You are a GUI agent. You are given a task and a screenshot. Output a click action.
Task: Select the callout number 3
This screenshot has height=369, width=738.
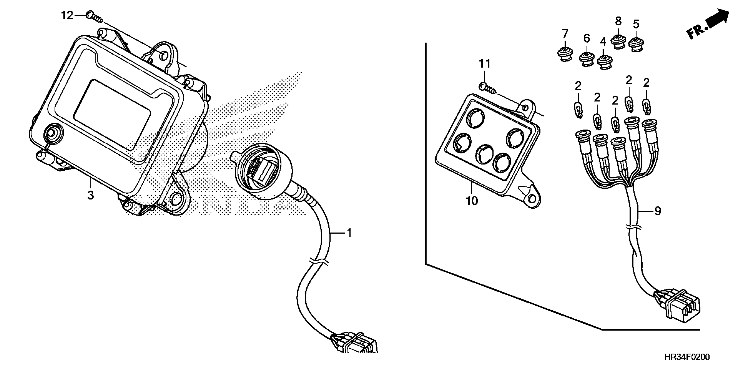pyautogui.click(x=91, y=195)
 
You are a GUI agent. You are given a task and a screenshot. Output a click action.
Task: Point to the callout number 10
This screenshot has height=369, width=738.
pyautogui.click(x=472, y=201)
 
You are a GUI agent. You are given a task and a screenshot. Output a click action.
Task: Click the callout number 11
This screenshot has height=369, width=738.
pyautogui.click(x=485, y=64)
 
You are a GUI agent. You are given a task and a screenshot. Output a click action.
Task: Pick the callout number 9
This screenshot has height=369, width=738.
pyautogui.click(x=658, y=211)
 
